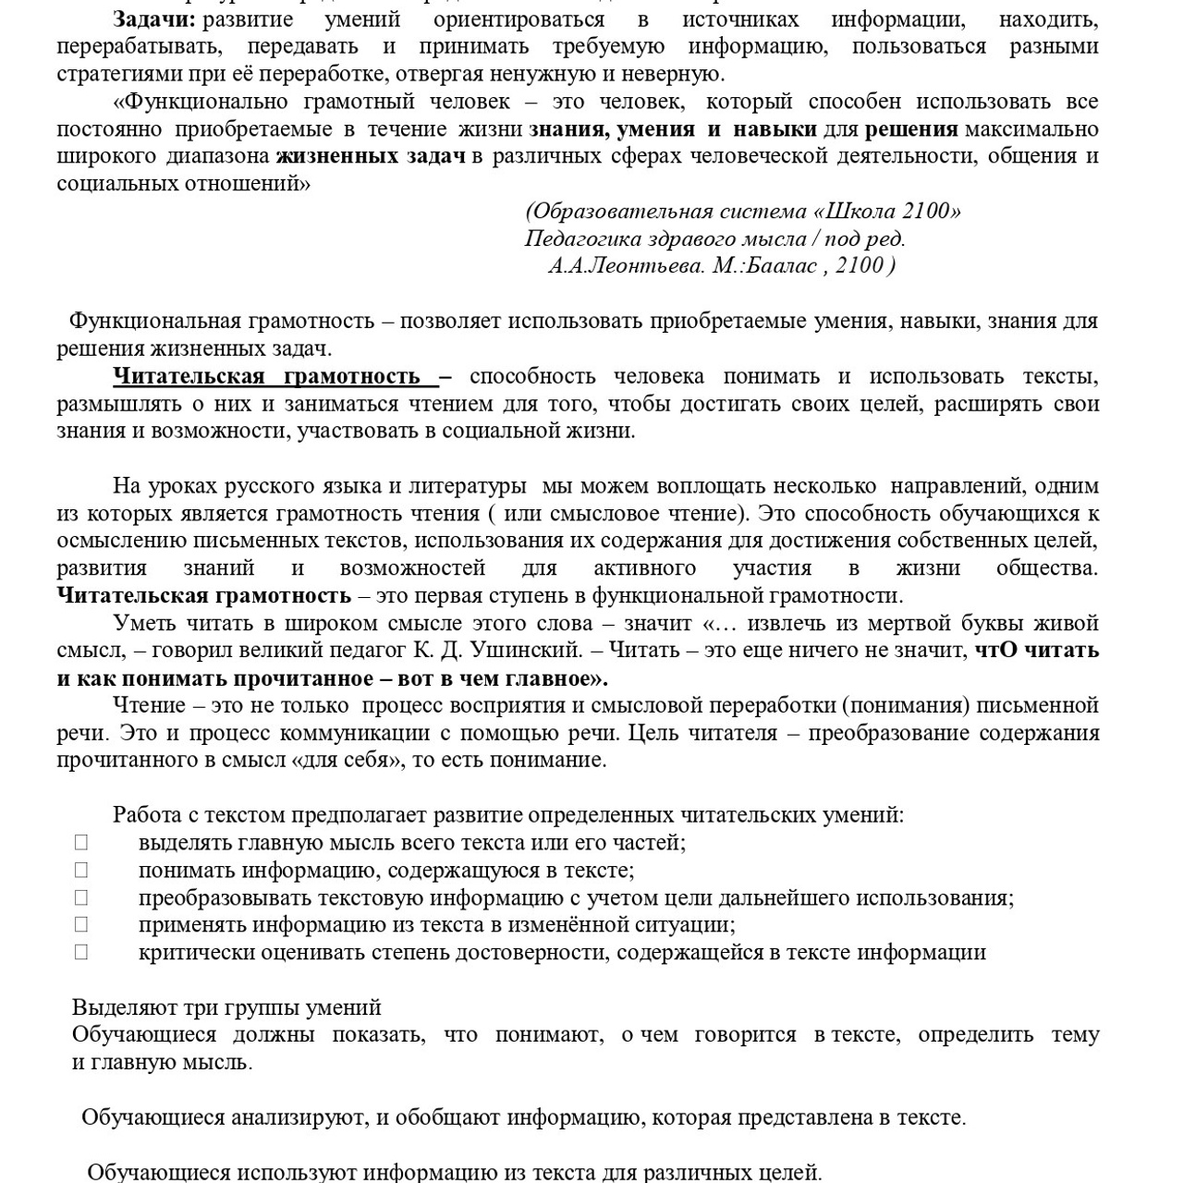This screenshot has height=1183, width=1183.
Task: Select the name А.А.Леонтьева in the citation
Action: pyautogui.click(x=627, y=266)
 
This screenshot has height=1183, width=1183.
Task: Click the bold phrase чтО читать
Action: pyautogui.click(x=1036, y=651)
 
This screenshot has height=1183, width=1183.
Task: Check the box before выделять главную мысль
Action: pyautogui.click(x=81, y=842)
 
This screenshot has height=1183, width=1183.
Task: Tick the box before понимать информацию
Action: pyautogui.click(x=81, y=870)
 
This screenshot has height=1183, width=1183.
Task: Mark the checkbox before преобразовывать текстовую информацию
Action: pyautogui.click(x=81, y=897)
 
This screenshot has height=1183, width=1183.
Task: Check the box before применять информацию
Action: pyautogui.click(x=81, y=924)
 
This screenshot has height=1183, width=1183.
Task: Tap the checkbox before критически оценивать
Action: pyautogui.click(x=81, y=952)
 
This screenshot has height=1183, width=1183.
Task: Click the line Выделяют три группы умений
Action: pyautogui.click(x=226, y=1007)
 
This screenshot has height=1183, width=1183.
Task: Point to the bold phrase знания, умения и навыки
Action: pyautogui.click(x=672, y=129)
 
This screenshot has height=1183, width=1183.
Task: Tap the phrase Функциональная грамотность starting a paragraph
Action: pyautogui.click(x=222, y=322)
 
